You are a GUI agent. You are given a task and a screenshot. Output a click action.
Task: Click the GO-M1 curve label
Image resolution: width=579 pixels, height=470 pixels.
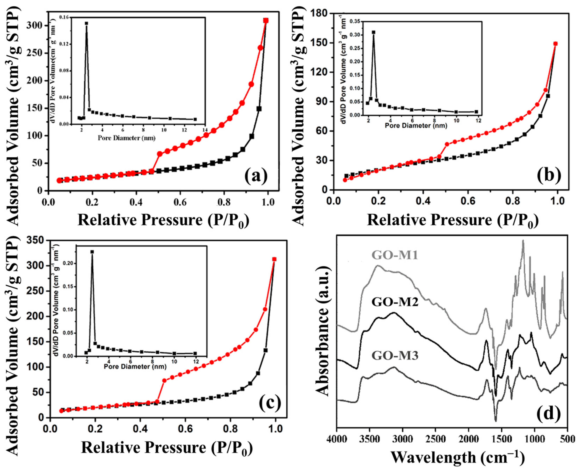point(395,255)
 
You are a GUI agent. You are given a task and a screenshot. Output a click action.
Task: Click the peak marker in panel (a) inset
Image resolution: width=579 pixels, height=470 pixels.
point(87,23)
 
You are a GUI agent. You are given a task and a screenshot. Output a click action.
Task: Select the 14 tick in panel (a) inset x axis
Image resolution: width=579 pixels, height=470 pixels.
point(205,130)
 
